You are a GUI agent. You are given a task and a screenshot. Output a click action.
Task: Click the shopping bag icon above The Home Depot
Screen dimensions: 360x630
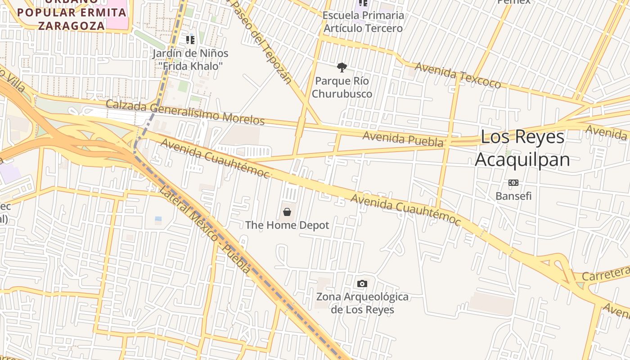tap(287, 211)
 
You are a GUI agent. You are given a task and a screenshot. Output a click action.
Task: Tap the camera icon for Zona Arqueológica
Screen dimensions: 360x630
tap(362, 283)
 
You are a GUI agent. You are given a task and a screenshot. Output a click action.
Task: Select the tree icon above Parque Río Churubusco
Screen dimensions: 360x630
tap(342, 68)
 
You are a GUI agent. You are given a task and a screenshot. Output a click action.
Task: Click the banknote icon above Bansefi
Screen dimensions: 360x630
tap(513, 183)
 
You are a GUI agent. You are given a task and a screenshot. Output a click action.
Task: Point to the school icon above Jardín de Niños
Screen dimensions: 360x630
tap(190, 40)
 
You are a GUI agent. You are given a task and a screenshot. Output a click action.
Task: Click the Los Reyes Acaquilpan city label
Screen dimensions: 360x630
tap(522, 148)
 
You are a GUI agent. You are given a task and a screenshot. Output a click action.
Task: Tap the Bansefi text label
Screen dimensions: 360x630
tap(513, 196)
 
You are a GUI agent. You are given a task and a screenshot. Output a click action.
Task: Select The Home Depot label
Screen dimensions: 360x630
tap(287, 225)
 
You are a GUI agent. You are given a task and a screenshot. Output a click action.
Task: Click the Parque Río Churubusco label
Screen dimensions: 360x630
tap(342, 87)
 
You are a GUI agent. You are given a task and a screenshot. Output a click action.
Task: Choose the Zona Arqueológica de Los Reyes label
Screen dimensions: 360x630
tap(362, 303)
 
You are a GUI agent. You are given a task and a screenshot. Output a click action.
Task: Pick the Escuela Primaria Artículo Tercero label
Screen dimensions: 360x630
tap(364, 22)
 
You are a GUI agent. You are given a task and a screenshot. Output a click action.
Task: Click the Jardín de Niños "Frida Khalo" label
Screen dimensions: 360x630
tap(190, 59)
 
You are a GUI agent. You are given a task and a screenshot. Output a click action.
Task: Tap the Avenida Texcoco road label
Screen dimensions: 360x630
tap(458, 75)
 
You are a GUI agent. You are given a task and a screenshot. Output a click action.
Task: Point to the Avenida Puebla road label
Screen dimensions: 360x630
tap(403, 139)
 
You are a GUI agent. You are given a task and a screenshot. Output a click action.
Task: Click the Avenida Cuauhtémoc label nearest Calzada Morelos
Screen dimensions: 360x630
tap(215, 158)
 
